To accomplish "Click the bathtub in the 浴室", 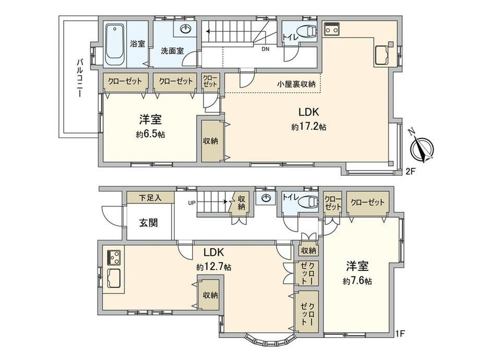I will pos(113,44).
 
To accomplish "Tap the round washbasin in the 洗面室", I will pos(186,30).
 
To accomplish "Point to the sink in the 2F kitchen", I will pos(382,55).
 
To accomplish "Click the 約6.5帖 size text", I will pos(151,135).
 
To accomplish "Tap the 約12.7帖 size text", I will pos(214,267).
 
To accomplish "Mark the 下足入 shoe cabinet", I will pos(150,198).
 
